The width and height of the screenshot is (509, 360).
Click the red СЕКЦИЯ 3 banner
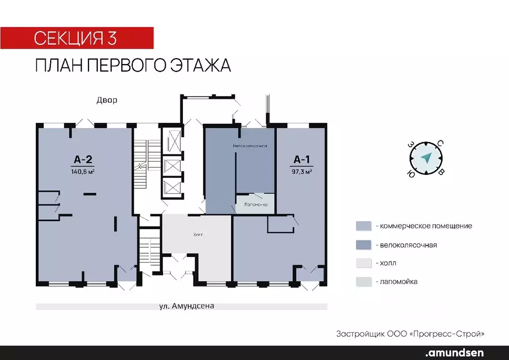(77, 38)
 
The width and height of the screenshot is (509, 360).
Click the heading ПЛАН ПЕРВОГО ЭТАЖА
(133, 66)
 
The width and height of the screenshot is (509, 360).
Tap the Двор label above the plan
(107, 100)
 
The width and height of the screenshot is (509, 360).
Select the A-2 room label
(83, 160)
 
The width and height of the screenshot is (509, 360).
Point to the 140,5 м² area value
(83, 172)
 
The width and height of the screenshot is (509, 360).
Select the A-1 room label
(302, 160)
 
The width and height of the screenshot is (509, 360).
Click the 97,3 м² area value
(302, 172)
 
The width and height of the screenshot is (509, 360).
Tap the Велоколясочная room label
(251, 146)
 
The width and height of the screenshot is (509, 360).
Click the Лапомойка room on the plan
(255, 204)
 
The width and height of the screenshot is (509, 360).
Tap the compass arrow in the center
(426, 158)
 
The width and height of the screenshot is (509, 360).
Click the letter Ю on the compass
(411, 174)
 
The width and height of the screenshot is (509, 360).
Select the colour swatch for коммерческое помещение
(363, 226)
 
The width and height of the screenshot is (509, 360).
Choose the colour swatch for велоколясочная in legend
(363, 245)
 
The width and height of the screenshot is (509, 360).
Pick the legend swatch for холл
(363, 263)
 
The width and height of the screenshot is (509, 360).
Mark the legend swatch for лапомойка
(363, 281)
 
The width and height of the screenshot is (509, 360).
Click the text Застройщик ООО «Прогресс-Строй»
(410, 333)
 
